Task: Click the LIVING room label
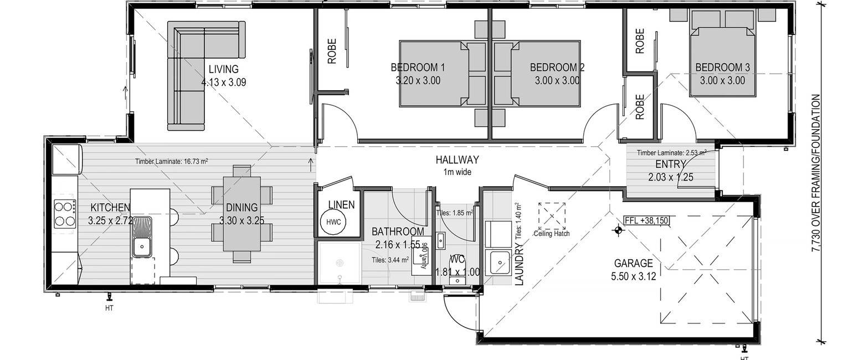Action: [x=224, y=69]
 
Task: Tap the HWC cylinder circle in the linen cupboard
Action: [x=333, y=222]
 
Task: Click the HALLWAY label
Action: [x=457, y=160]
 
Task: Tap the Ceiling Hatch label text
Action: [x=552, y=233]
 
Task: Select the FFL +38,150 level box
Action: [x=646, y=220]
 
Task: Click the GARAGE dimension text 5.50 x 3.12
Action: [x=634, y=276]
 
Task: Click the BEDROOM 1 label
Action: [x=418, y=68]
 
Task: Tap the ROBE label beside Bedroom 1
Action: [x=332, y=51]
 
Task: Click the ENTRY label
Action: [x=670, y=164]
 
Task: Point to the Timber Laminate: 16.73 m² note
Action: [x=172, y=162]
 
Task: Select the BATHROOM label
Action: [x=398, y=232]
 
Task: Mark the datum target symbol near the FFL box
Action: [x=618, y=230]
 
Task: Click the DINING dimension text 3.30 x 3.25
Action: [x=242, y=220]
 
